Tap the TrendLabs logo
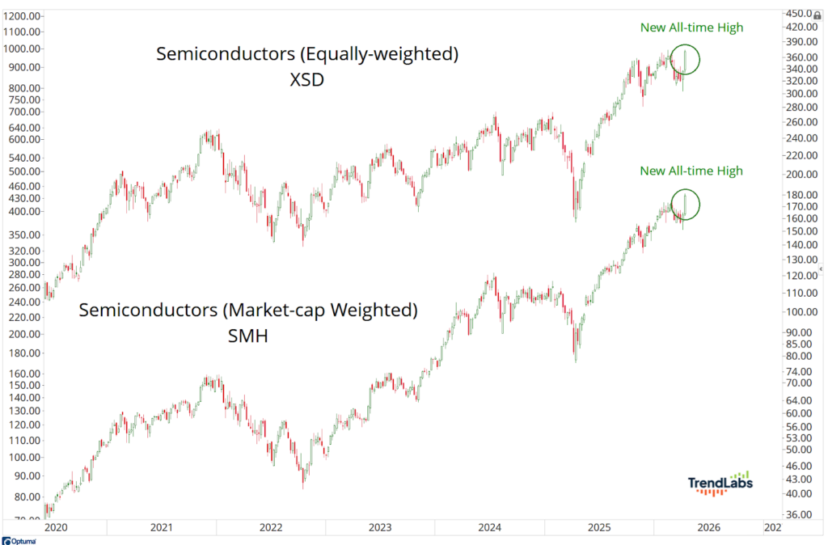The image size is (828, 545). coord(720,483)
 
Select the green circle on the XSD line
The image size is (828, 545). coord(686,60)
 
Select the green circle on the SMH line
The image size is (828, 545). coord(686,205)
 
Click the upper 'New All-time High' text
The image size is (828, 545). coord(691,27)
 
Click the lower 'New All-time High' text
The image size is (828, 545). coord(691,171)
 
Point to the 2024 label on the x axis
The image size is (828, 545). coord(490,528)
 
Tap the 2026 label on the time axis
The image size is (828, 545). coord(709,528)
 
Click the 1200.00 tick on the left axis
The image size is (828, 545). coord(22,16)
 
